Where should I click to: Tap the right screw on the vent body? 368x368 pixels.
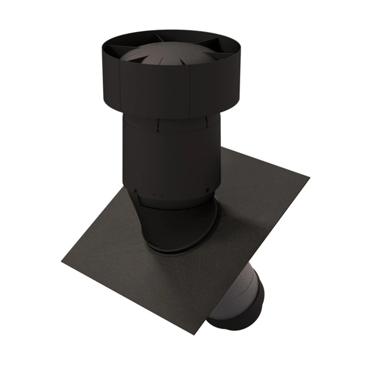(x=208, y=190)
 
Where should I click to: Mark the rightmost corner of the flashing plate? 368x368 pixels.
(x=308, y=176)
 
